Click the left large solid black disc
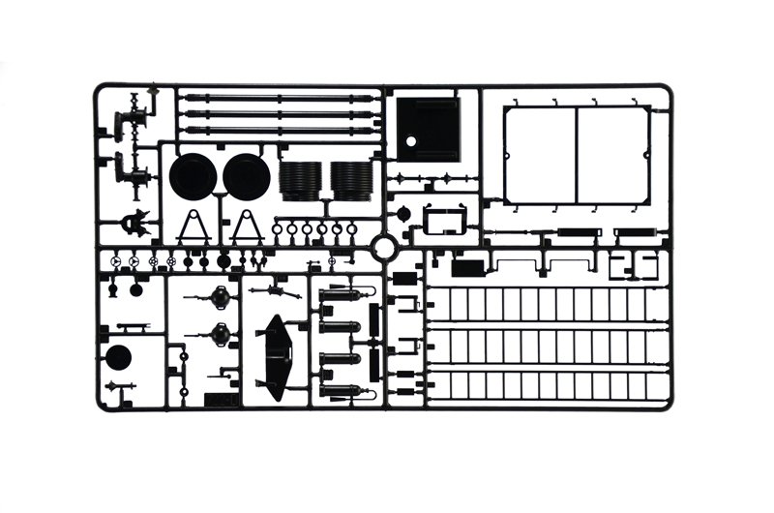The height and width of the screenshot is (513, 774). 193,176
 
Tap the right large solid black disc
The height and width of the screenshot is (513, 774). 247,176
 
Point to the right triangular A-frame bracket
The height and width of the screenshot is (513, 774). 248,226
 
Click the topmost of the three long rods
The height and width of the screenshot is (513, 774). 279,98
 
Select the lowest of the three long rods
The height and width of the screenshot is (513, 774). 279,130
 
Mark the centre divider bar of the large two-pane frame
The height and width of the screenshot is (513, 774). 578,155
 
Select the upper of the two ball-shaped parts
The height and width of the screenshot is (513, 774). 220,297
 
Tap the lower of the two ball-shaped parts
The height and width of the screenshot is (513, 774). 220,336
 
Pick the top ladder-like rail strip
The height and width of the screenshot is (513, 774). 548,303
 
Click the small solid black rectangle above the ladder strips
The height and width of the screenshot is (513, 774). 467,267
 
